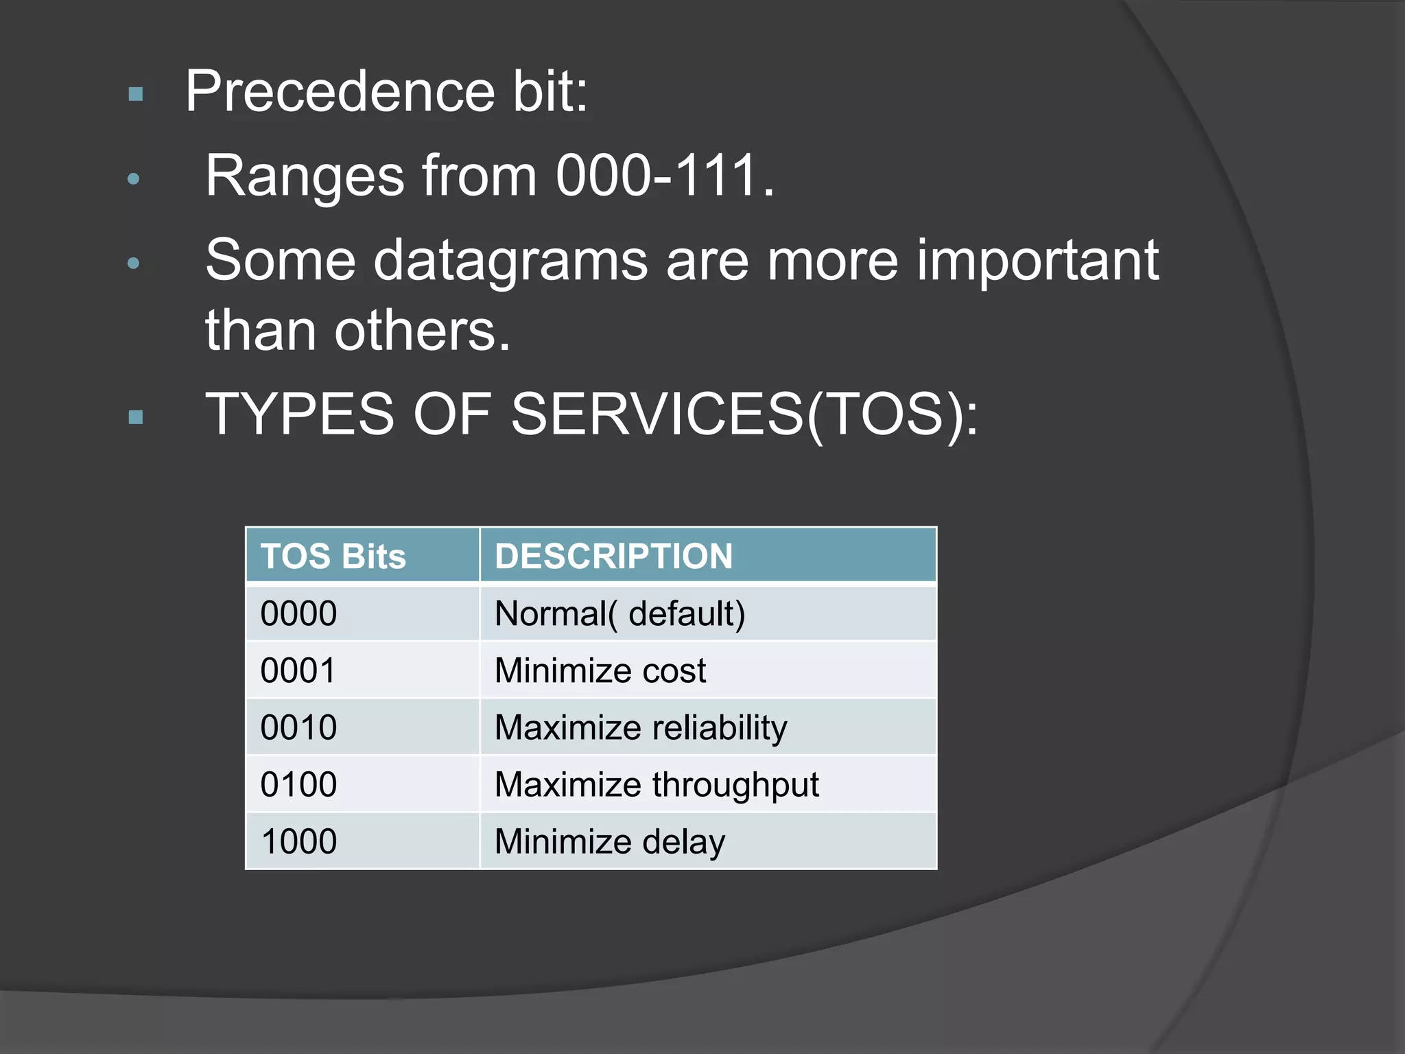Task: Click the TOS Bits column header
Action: coord(333,556)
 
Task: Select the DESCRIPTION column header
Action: coord(614,556)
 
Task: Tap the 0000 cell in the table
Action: coord(299,613)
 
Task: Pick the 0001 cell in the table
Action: coord(299,670)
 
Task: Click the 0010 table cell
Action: coord(299,727)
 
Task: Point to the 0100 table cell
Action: coord(299,784)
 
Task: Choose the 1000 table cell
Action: coord(299,841)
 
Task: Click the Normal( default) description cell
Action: coord(619,613)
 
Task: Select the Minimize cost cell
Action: coord(600,670)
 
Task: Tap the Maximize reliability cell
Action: coord(641,727)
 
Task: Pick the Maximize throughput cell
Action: coord(657,784)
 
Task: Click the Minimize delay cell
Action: coord(610,841)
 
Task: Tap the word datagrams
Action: coord(510,261)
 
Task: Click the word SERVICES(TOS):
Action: coord(745,414)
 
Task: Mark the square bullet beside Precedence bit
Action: coord(136,94)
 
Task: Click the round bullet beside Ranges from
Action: coord(134,179)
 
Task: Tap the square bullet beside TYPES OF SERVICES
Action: coord(136,417)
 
